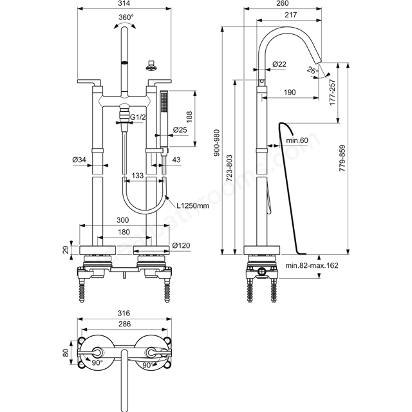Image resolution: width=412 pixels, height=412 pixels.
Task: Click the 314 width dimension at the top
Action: click(x=124, y=3)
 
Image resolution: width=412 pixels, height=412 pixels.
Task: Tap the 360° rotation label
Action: click(x=126, y=17)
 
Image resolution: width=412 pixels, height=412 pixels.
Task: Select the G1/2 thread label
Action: click(x=138, y=117)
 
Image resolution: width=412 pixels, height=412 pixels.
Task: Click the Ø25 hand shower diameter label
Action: click(x=180, y=129)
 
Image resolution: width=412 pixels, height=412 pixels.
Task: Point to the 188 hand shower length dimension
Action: click(x=189, y=117)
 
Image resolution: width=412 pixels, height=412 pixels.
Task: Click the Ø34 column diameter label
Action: click(x=79, y=160)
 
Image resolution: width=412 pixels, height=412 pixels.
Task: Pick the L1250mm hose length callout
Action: click(x=192, y=205)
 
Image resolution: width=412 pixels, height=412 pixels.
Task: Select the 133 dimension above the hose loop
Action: click(x=137, y=175)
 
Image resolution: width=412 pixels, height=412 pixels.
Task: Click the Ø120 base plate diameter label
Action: click(x=181, y=246)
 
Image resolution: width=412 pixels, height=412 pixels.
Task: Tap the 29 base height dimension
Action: click(x=66, y=249)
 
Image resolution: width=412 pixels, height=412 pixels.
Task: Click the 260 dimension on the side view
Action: click(x=283, y=3)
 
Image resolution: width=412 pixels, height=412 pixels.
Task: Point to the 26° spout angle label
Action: click(x=313, y=70)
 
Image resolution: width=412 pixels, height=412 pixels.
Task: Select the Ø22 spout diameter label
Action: click(x=279, y=64)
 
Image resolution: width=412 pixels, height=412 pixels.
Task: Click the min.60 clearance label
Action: click(x=297, y=140)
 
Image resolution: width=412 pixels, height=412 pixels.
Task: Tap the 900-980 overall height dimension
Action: click(x=217, y=143)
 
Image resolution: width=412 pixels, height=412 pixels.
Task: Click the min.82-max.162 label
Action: click(x=312, y=265)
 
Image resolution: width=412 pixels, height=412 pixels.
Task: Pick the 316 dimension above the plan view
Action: click(x=124, y=314)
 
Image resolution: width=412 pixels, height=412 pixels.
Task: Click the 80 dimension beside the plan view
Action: click(x=66, y=352)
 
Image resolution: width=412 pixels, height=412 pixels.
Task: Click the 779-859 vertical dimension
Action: click(x=342, y=158)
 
